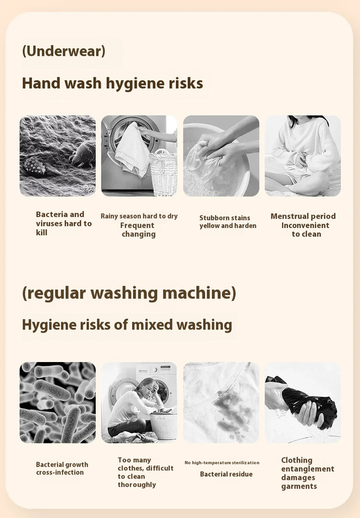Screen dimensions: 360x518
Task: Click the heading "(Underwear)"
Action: (64, 51)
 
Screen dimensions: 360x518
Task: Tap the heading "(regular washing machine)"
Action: (129, 293)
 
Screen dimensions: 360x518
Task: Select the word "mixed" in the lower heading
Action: (152, 325)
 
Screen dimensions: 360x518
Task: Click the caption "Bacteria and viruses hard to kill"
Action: (64, 223)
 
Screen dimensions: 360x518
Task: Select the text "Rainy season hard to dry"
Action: (139, 216)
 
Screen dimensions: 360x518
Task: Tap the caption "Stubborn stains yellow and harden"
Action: (228, 222)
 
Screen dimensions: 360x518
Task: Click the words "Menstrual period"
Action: (303, 216)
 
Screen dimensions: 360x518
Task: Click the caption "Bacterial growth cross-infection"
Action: (62, 468)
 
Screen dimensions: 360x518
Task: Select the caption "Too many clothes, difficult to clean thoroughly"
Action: (146, 472)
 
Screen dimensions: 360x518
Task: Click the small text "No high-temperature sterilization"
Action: (222, 463)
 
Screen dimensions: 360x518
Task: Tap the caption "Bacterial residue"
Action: (226, 474)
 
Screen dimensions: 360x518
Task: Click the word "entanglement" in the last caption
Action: (308, 469)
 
